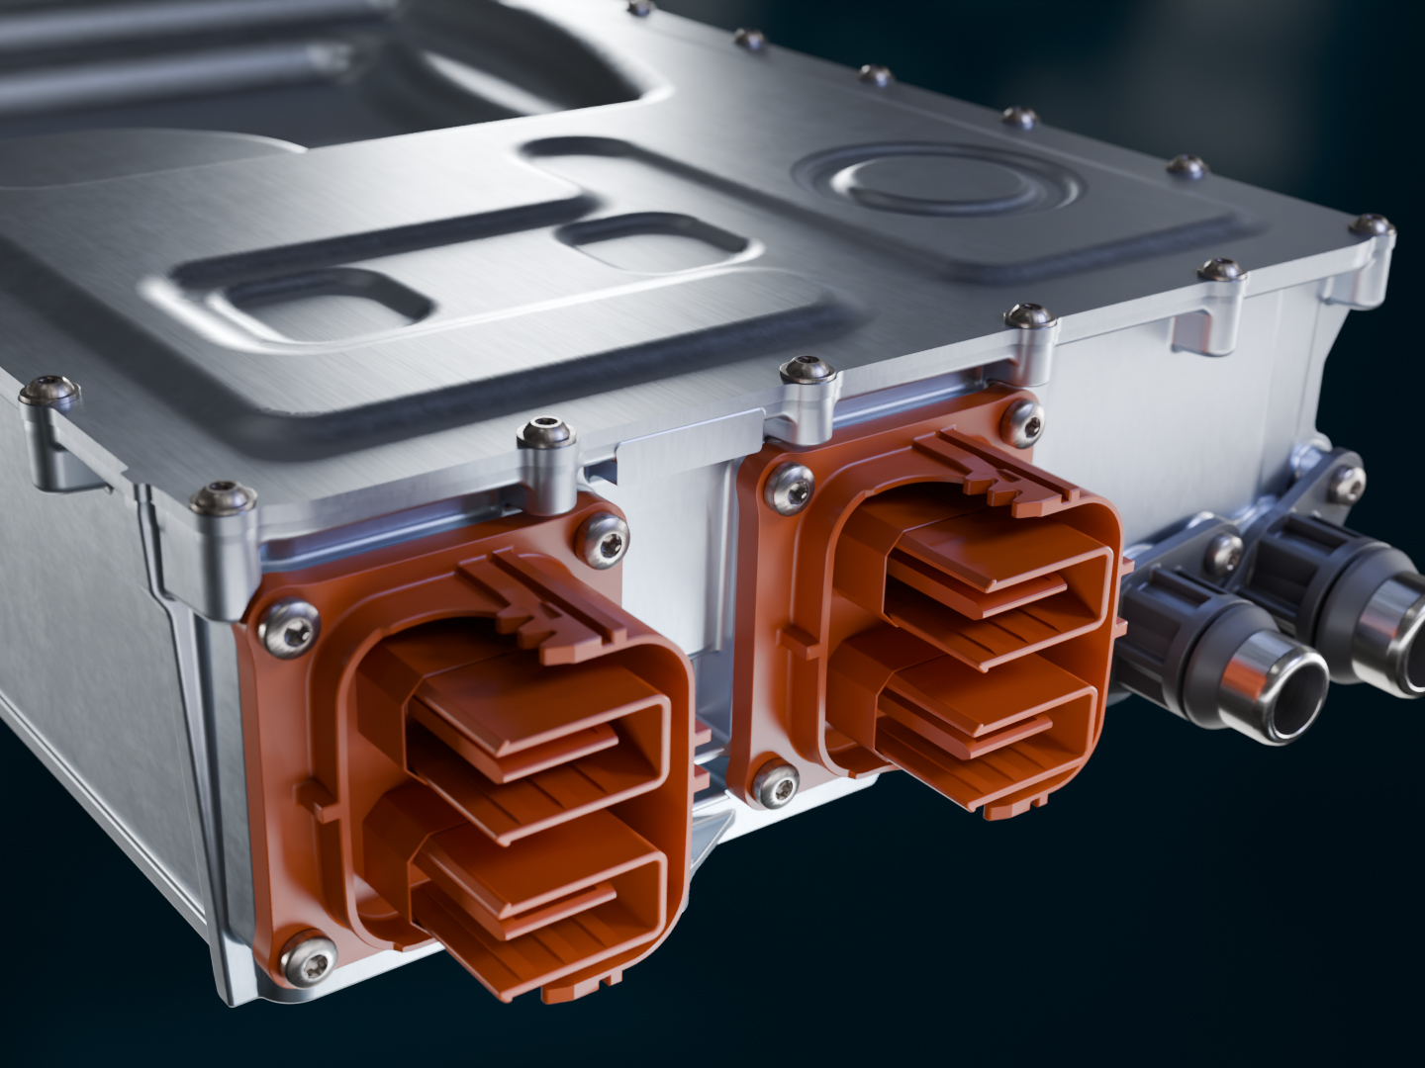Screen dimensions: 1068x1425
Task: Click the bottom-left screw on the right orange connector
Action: (775, 783)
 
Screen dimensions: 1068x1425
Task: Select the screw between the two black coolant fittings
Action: (1224, 553)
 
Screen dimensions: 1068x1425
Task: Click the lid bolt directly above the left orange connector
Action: (545, 433)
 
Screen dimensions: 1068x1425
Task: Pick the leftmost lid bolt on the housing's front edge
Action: (49, 390)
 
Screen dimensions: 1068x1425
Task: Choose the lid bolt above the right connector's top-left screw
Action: (807, 372)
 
